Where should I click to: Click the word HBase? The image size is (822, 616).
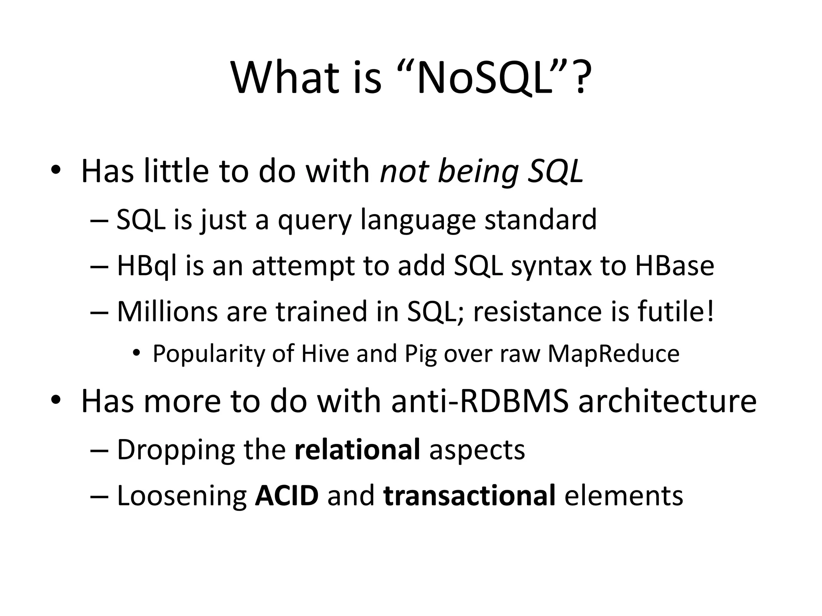[x=674, y=266]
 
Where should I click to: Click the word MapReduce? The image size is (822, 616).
[x=613, y=354]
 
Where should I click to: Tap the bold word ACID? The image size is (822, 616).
[x=287, y=495]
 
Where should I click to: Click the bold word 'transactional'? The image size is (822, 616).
[x=469, y=495]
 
